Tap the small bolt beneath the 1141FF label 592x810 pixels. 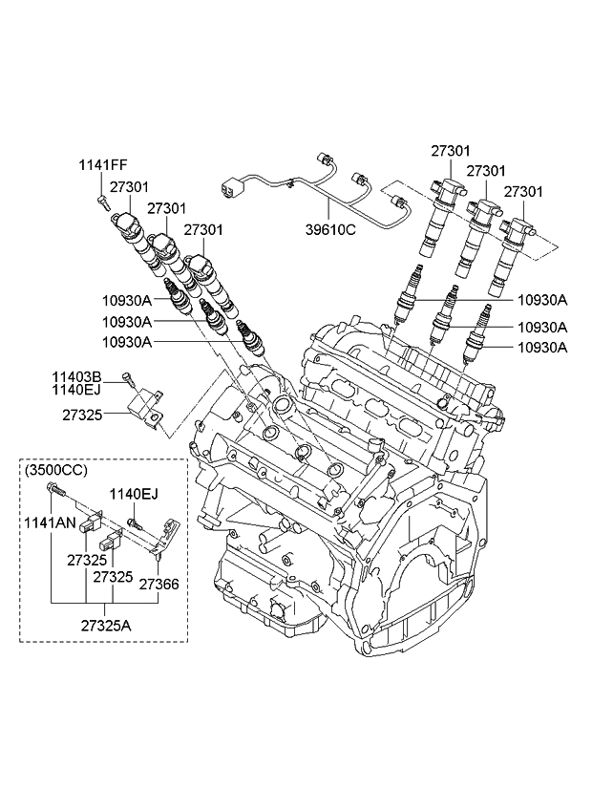coord(100,201)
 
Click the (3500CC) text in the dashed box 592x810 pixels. coord(55,469)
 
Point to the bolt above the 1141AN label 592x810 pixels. coord(55,492)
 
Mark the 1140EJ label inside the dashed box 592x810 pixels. coord(133,494)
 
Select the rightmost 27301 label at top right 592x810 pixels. coord(523,192)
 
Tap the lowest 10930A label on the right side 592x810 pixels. coord(542,348)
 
